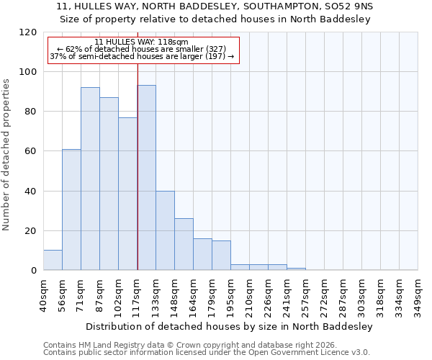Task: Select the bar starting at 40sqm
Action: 53,260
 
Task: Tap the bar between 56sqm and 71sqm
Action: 71,210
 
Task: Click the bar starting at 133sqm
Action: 165,230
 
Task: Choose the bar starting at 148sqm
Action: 184,244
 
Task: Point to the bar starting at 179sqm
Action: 221,256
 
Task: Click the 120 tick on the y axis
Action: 28,32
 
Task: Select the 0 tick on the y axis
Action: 34,271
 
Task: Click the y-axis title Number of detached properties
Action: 6,155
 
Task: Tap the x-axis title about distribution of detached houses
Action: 229,326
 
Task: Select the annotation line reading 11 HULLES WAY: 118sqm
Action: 141,42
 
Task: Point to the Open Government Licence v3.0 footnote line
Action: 207,352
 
